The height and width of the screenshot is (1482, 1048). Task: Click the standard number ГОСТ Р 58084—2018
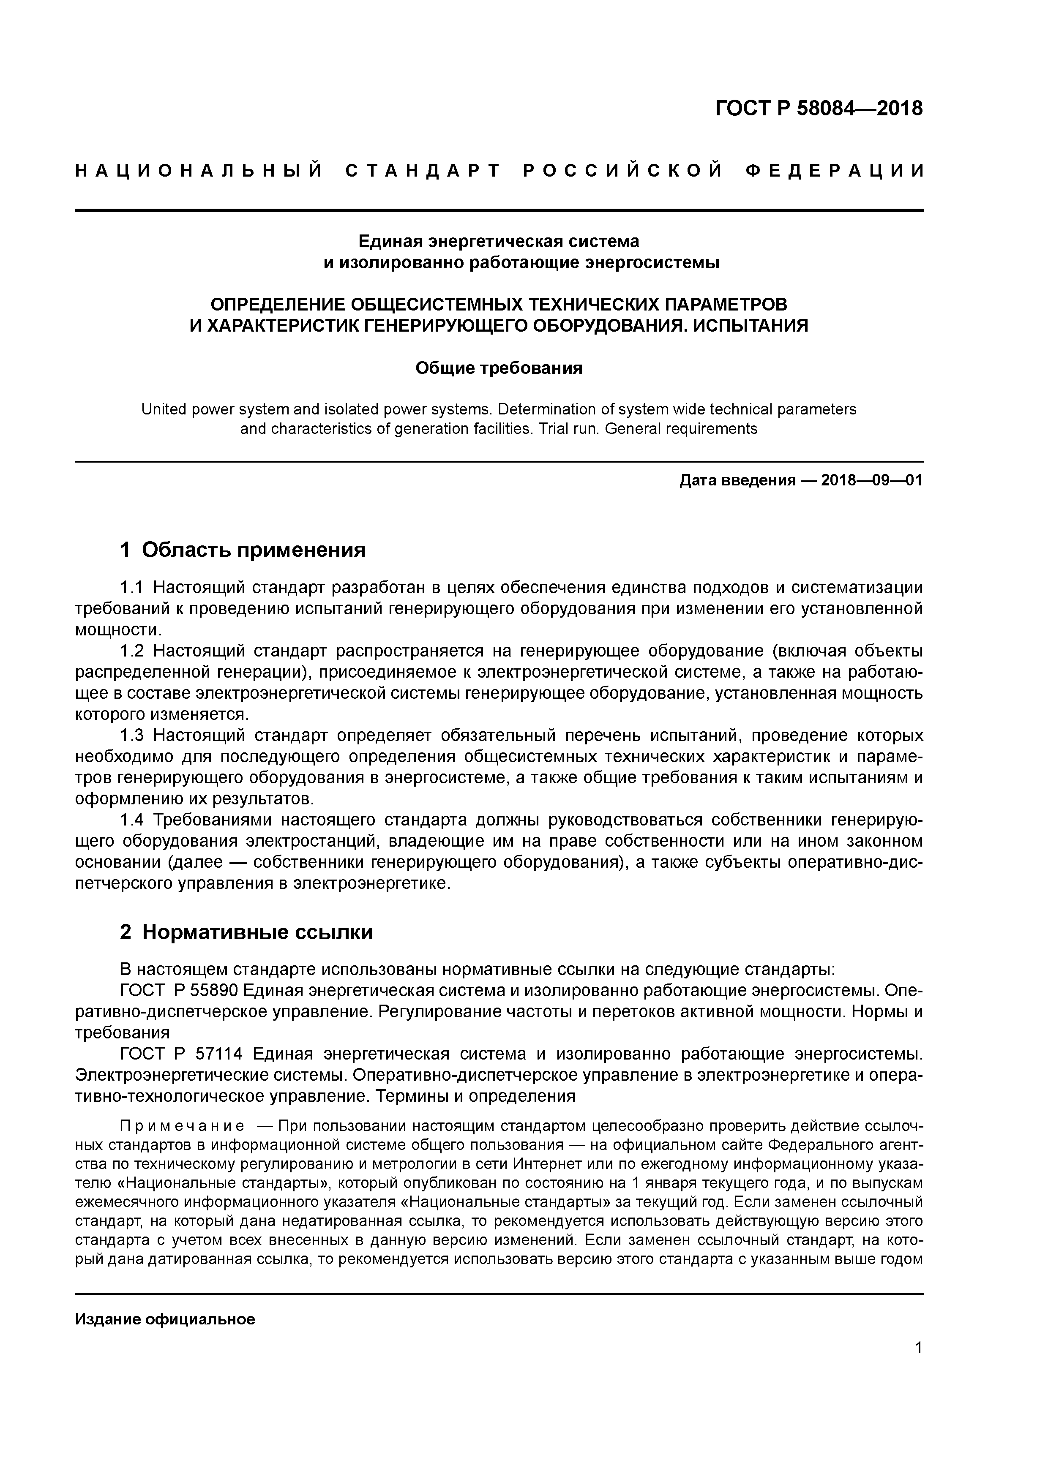(819, 109)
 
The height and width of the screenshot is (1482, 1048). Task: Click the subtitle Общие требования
(499, 368)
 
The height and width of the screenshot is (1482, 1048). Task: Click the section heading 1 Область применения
(243, 550)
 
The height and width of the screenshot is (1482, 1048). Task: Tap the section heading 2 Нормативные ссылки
(247, 932)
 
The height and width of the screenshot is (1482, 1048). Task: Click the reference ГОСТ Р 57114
(181, 1053)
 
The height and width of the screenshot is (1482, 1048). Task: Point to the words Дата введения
(737, 480)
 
